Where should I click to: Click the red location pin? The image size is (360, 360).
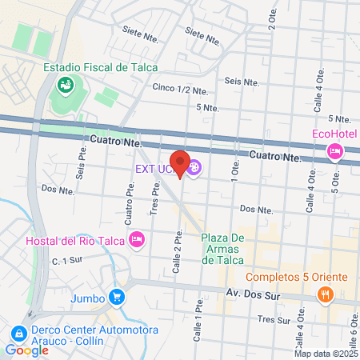click(x=180, y=163)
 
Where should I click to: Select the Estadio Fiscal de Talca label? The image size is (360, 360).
click(x=101, y=67)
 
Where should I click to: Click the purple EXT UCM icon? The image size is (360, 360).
click(x=196, y=168)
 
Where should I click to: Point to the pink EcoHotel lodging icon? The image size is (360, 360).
click(x=335, y=151)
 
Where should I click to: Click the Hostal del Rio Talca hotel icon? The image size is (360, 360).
click(x=137, y=239)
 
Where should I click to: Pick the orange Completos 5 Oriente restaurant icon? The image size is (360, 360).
click(x=325, y=294)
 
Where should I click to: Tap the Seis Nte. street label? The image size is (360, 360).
click(x=244, y=81)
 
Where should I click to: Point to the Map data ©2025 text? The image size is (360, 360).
click(x=325, y=354)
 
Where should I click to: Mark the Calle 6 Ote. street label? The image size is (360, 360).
click(x=353, y=323)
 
